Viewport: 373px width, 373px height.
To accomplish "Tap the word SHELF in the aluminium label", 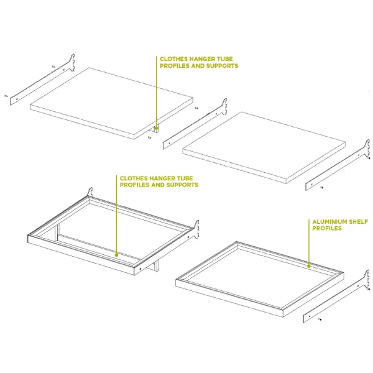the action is (358, 222).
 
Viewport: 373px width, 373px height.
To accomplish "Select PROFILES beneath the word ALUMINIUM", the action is (327, 228).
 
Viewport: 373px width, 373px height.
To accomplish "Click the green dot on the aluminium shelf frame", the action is (309, 266).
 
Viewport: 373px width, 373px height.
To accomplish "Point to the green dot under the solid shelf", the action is (156, 128).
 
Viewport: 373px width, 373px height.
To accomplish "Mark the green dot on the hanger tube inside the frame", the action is (116, 255).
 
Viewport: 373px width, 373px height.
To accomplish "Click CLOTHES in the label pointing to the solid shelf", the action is (172, 59).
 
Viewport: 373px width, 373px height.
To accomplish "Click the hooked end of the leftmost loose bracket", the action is (72, 62).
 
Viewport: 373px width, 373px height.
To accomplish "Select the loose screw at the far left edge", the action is (6, 96).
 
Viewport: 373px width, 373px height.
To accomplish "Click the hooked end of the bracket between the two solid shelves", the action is (224, 106).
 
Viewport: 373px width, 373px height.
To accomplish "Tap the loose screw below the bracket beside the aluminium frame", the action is (320, 320).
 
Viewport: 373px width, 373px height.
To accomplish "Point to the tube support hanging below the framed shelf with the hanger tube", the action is (157, 266).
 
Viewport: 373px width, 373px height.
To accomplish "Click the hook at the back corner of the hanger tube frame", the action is (90, 191).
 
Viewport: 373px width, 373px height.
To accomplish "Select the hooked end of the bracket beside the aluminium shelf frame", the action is (366, 279).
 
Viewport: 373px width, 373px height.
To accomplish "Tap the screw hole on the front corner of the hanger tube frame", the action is (140, 269).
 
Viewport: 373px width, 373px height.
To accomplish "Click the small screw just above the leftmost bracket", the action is (53, 67).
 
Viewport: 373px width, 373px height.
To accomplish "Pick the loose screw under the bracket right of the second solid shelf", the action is (321, 188).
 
